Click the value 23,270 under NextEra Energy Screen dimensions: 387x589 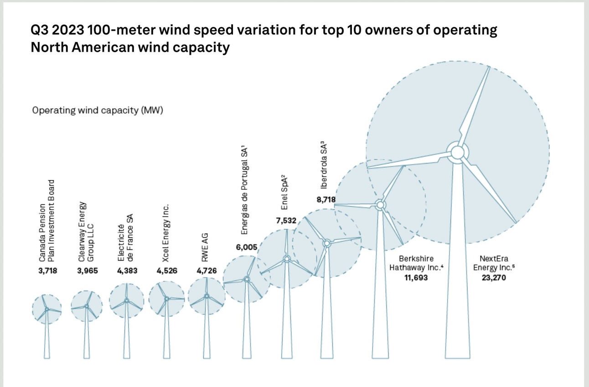click(x=491, y=277)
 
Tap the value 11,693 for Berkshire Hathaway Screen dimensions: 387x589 click(x=416, y=277)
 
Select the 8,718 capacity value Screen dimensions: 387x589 click(x=325, y=199)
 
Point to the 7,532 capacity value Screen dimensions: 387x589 click(x=286, y=221)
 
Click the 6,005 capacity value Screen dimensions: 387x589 click(x=247, y=247)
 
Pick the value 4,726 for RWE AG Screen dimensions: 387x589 click(x=207, y=271)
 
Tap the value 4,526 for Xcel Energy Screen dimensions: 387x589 click(x=167, y=271)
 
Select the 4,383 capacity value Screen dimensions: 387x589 click(x=127, y=271)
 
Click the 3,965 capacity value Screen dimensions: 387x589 click(x=88, y=271)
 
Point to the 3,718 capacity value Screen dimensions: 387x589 click(x=48, y=271)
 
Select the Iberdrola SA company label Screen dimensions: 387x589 click(x=324, y=165)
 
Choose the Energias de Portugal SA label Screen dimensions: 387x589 click(x=244, y=191)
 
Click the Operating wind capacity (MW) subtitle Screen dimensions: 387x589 click(x=98, y=110)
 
